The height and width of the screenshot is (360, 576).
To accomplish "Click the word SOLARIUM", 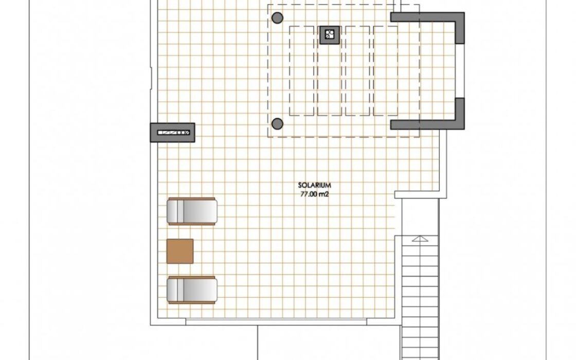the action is coord(314,186).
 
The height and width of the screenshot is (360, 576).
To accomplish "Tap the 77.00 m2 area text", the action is coord(314,194).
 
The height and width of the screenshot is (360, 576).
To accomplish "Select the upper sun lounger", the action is coord(192,211).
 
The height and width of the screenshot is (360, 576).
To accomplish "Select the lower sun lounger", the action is coord(192,290).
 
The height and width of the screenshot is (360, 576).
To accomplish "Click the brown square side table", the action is coord(180,251).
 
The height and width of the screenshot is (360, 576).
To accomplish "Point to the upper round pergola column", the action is coord(277,17).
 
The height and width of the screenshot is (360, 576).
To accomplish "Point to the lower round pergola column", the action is coord(277,124).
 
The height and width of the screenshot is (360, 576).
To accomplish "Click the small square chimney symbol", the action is coord(330,35).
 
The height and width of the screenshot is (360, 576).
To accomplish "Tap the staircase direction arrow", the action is coord(420,239).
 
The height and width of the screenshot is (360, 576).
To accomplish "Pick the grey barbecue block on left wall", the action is coord(173,133).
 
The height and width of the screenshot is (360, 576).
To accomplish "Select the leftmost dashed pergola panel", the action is coord(301,71).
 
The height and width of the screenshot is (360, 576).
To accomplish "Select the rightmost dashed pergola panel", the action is coord(385,71).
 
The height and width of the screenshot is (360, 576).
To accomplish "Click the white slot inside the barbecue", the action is coord(173,133).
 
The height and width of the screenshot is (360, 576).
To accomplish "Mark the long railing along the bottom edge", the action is coord(276,322).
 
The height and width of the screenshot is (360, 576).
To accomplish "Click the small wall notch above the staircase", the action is coord(399,194).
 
